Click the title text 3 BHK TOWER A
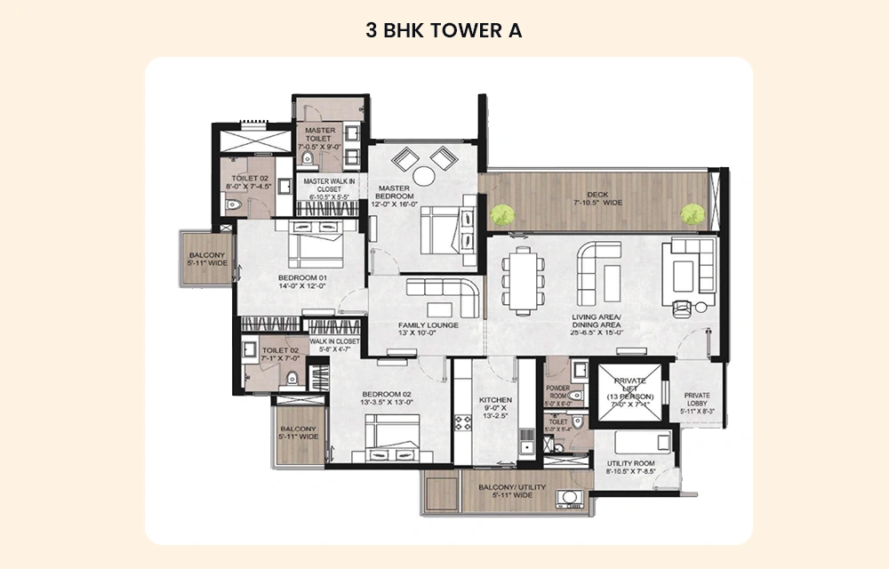(444, 30)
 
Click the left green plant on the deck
(503, 213)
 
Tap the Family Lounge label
(428, 330)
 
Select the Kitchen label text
(495, 405)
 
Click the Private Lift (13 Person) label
(630, 393)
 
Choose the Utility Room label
(631, 468)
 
